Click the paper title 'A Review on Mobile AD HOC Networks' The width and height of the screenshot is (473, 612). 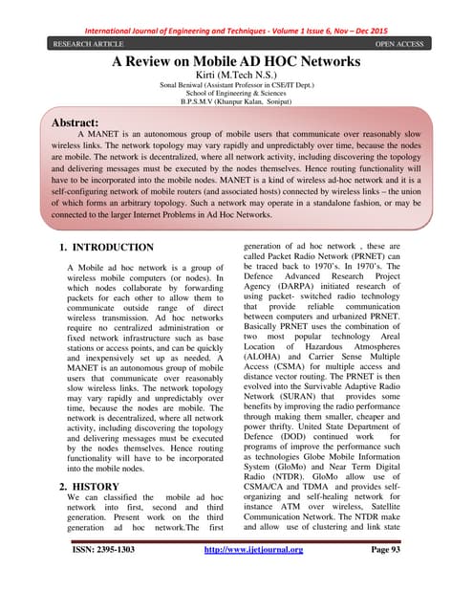click(x=237, y=62)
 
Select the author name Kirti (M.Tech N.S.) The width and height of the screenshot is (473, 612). click(x=236, y=76)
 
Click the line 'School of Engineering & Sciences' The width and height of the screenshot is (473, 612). click(x=236, y=97)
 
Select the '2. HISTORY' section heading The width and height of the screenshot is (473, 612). click(x=89, y=487)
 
